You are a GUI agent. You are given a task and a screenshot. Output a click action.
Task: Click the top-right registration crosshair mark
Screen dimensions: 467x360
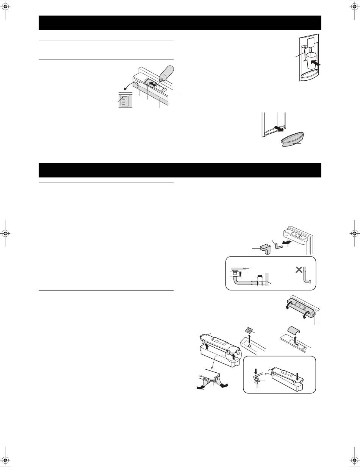tap(353, 6)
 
